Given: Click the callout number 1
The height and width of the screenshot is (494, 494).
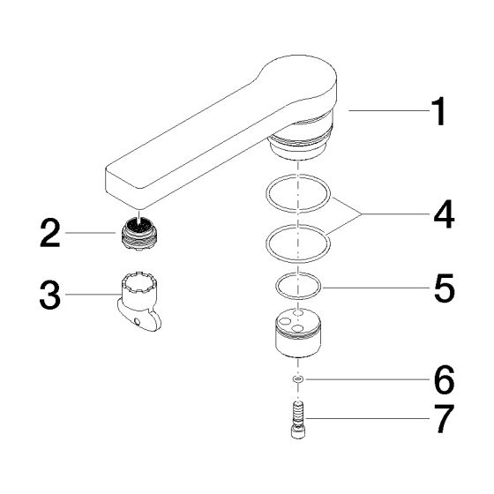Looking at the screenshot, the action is tap(438, 111).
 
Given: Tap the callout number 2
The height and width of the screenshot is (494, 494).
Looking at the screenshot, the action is tap(50, 233).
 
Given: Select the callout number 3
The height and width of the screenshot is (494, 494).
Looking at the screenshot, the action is tap(49, 296).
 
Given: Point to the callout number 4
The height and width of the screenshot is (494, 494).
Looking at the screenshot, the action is tap(445, 214).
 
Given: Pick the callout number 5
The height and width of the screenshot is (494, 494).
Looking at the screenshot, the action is tap(445, 288).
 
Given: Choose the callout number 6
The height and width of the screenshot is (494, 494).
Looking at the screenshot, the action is tap(445, 379).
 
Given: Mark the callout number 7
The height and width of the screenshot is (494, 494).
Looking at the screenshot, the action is tap(445, 419).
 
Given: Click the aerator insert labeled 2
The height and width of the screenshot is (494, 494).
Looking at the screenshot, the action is tap(139, 234).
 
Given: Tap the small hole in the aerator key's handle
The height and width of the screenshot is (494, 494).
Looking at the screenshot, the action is tap(137, 321).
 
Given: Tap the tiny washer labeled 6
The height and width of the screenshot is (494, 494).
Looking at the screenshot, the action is tap(298, 379).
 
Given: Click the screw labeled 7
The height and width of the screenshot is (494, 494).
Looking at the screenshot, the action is tap(298, 420).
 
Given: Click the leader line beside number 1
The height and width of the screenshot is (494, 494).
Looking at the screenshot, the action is tap(389, 111).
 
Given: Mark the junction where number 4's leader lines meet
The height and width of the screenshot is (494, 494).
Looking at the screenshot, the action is tap(362, 214).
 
